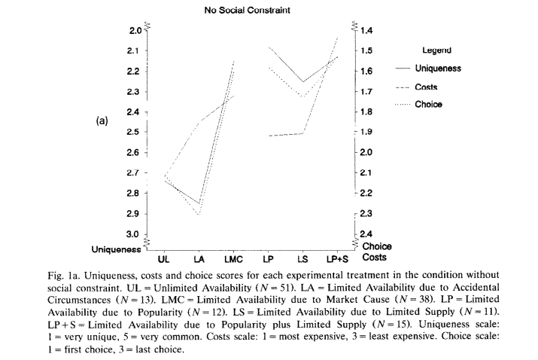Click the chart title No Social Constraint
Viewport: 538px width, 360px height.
tap(247, 11)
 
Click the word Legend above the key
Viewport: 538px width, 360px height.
tap(436, 50)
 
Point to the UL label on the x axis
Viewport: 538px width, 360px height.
tap(163, 259)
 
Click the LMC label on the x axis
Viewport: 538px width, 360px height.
tap(233, 259)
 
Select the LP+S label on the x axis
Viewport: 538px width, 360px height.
tap(337, 259)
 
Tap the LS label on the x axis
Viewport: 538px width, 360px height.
tap(302, 259)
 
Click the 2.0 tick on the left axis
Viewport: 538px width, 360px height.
tap(135, 31)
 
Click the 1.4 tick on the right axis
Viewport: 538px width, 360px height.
tap(366, 31)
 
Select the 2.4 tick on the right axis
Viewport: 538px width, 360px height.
tap(366, 234)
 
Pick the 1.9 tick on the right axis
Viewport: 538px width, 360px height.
tap(366, 132)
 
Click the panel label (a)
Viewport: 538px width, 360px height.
tap(102, 121)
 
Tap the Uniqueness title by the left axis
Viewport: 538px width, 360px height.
tap(117, 249)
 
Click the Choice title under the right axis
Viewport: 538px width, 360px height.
tap(377, 246)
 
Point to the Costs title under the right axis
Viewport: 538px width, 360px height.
tap(374, 258)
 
